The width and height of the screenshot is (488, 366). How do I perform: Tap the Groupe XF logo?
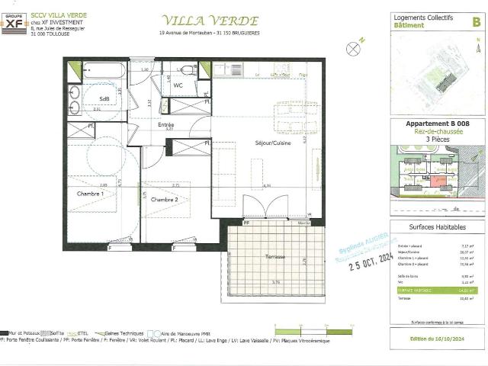tap(16, 23)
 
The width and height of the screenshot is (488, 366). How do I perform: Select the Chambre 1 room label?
tap(90, 194)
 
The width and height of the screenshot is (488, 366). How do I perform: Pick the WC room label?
tap(177, 85)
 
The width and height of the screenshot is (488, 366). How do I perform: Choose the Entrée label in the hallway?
tap(166, 124)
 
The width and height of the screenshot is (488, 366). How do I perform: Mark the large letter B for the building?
tap(476, 22)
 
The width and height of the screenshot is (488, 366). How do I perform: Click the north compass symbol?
tap(352, 48)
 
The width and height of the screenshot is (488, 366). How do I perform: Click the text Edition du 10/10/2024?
tap(436, 338)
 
